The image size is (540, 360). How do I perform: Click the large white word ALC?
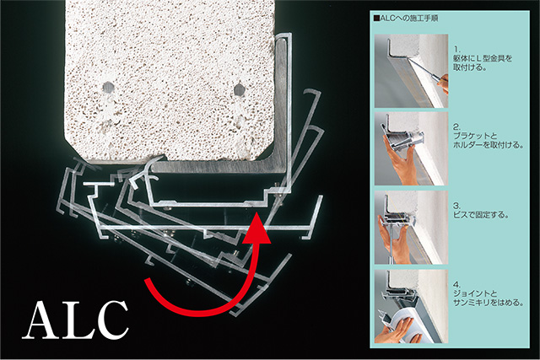click(76, 320)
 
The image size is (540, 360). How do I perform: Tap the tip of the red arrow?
click(256, 213)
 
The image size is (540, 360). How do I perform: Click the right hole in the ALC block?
click(239, 90)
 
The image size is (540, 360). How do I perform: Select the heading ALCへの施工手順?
click(406, 19)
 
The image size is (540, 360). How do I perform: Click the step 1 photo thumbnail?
click(411, 71)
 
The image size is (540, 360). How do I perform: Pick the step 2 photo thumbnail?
click(411, 148)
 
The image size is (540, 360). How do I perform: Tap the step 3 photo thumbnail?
click(411, 228)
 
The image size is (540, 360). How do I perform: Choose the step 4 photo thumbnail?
click(411, 306)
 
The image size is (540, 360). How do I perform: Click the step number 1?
click(456, 50)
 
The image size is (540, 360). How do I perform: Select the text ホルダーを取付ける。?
click(489, 145)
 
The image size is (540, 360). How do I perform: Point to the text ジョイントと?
click(475, 294)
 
